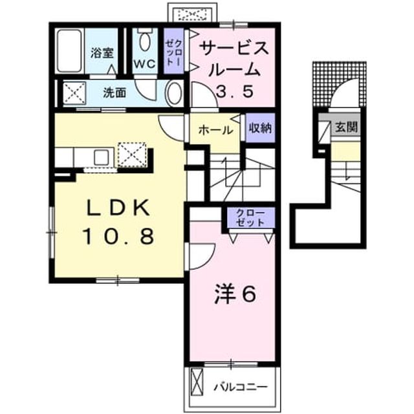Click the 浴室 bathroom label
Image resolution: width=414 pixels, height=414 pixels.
[102, 52]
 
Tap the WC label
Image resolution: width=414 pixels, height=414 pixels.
[144, 63]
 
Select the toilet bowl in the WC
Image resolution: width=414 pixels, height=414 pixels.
[145, 40]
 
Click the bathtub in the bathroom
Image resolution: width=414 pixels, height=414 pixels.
[70, 50]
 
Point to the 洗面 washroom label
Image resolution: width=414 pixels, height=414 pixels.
[114, 93]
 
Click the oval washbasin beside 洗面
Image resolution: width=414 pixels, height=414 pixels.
[174, 93]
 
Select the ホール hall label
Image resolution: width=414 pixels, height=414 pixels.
[215, 130]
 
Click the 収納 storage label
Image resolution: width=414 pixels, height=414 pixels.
[260, 128]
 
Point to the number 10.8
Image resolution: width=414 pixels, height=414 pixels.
[118, 236]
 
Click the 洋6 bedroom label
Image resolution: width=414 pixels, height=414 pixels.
[235, 294]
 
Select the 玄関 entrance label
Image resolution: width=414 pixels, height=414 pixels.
[346, 127]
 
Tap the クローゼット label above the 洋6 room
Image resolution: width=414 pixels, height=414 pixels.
[250, 217]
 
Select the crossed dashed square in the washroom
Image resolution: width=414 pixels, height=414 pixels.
[74, 92]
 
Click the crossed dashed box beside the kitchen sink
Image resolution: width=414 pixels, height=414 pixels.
[132, 155]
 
